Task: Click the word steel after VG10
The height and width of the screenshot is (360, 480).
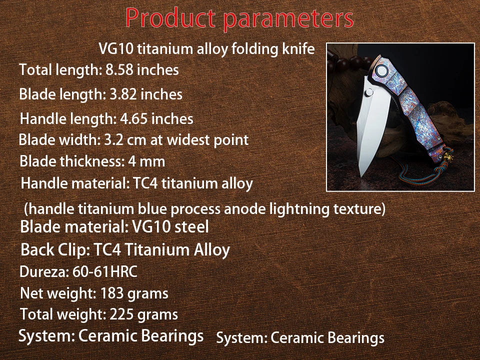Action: (192, 227)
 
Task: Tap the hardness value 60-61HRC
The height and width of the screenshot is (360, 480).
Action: (108, 272)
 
